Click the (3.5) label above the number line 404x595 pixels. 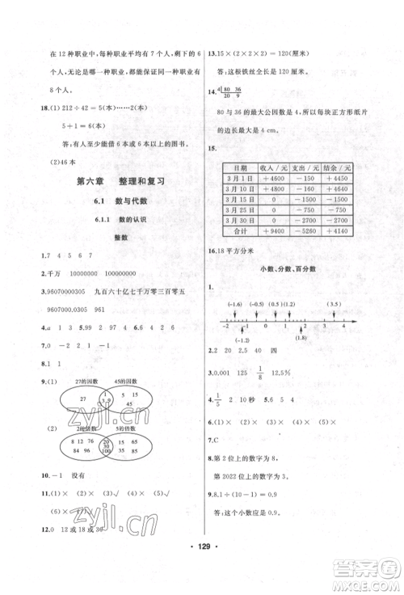click(334, 304)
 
